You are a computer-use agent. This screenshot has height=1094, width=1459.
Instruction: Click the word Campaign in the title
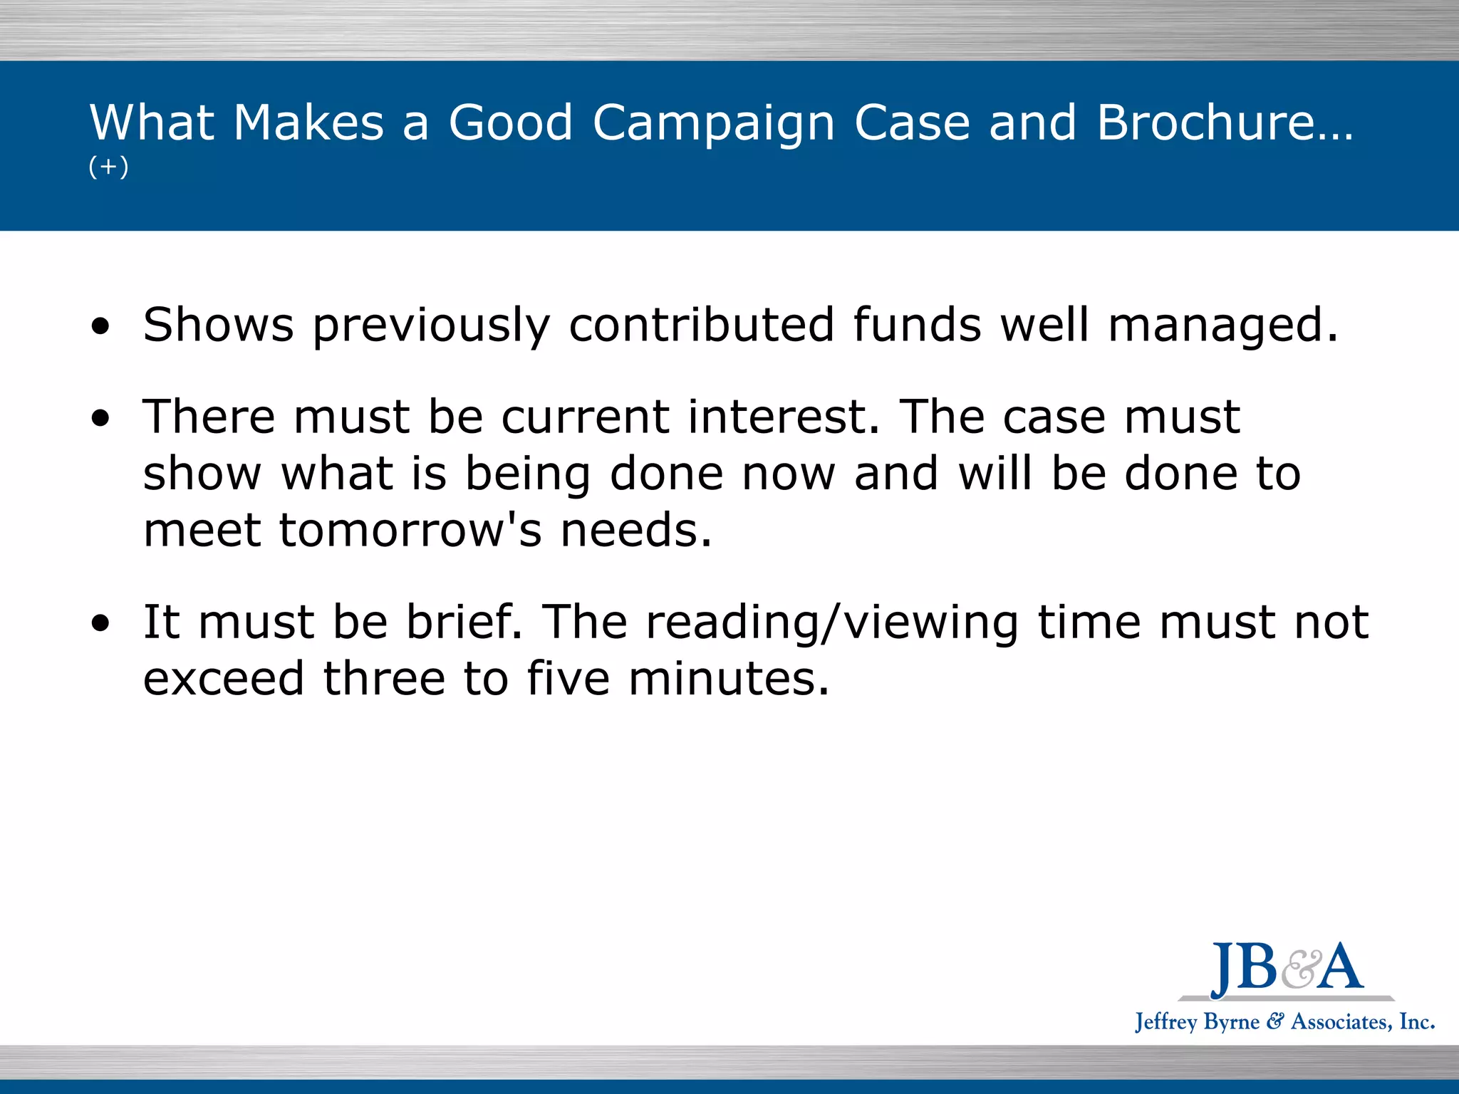click(x=713, y=123)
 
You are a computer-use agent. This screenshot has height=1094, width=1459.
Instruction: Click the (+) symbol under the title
click(x=108, y=167)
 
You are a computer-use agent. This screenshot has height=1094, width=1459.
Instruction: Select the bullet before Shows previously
click(x=101, y=327)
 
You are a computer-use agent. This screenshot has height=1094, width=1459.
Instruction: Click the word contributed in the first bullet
click(x=701, y=325)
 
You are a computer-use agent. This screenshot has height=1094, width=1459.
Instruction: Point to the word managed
click(x=1222, y=326)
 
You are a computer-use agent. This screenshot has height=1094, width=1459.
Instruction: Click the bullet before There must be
click(x=101, y=419)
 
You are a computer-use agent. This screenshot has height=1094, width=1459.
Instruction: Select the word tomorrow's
click(x=410, y=531)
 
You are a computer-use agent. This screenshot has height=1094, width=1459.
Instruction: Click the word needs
click(x=635, y=531)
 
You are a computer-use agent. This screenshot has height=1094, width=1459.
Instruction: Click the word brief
click(x=464, y=622)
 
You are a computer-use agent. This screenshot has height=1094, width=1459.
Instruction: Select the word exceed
click(x=224, y=678)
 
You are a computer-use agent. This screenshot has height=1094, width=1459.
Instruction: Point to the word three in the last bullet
click(x=384, y=678)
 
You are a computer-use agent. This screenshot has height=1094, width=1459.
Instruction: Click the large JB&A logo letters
click(x=1287, y=969)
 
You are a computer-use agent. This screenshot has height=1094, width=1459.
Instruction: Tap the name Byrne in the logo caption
click(x=1230, y=1023)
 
